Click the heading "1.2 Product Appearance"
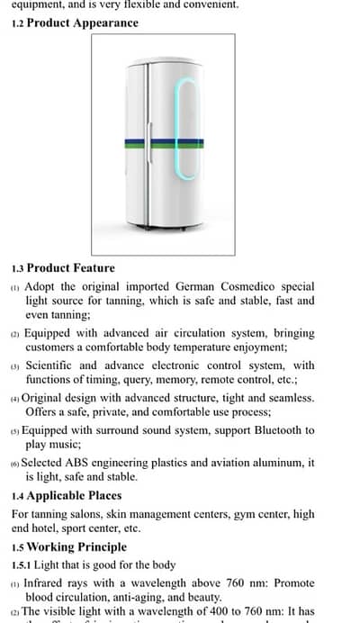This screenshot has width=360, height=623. (x=75, y=23)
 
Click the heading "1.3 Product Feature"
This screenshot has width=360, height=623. (x=63, y=267)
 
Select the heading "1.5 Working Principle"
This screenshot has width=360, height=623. (x=69, y=546)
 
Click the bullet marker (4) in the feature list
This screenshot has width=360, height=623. (x=14, y=398)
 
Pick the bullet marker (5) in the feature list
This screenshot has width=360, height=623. (x=14, y=430)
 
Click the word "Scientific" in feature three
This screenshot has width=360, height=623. (x=49, y=366)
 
